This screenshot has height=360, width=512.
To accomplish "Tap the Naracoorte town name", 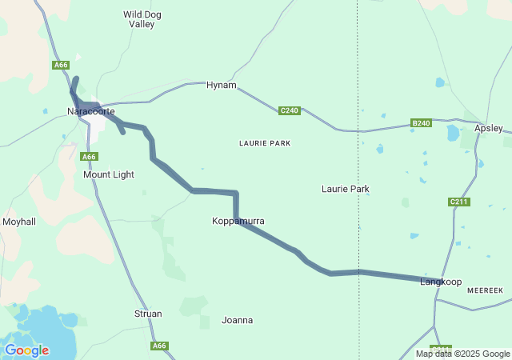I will [x=90, y=111].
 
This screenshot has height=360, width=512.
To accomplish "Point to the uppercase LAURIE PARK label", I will [x=265, y=143].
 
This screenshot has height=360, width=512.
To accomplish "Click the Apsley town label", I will [x=488, y=128].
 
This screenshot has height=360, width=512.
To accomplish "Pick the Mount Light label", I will [x=109, y=174].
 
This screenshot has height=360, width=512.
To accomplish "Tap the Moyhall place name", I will [x=19, y=222].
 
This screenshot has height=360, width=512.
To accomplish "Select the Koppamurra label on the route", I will [x=238, y=221].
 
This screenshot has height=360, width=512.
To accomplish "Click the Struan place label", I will [x=148, y=314].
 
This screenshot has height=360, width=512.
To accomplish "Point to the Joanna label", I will [x=237, y=321].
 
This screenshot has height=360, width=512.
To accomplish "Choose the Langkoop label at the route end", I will [x=441, y=282].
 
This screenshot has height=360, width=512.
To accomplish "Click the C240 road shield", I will [x=289, y=110].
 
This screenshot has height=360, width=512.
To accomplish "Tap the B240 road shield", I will [x=421, y=122].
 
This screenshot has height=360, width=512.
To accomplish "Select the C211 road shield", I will [x=458, y=202].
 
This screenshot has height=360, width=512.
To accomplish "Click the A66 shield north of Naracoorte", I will [x=62, y=65].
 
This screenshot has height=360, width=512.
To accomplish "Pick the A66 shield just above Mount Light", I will [x=90, y=157].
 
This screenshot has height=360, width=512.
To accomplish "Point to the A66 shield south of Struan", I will [x=160, y=346].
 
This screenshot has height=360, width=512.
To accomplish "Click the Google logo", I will [x=26, y=350].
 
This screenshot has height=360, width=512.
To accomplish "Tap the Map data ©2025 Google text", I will [x=462, y=354].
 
